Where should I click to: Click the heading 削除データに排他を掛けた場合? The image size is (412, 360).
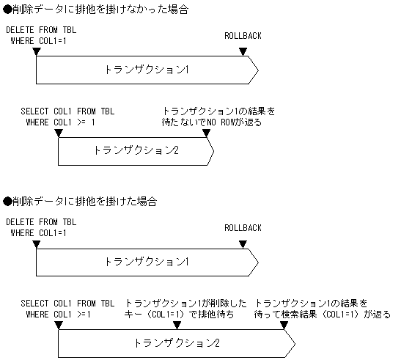tap(81, 201)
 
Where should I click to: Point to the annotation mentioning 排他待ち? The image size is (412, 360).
tap(188, 309)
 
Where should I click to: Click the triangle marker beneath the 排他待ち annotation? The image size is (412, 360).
tap(176, 325)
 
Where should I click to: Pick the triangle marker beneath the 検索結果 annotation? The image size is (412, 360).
tap(284, 325)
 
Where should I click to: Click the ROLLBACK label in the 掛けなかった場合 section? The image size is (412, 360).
tap(243, 35)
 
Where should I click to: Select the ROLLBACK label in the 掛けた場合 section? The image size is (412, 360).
tap(243, 227)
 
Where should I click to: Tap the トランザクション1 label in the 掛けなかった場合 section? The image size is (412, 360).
tap(147, 70)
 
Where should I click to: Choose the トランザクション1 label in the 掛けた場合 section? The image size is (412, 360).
tap(147, 261)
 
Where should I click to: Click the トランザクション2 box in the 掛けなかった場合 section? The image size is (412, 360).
tap(136, 150)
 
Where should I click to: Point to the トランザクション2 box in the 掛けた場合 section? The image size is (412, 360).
tap(176, 342)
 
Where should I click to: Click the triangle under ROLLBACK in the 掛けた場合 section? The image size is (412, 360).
tap(243, 243)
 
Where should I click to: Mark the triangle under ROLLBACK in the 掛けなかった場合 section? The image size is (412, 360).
tap(243, 51)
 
